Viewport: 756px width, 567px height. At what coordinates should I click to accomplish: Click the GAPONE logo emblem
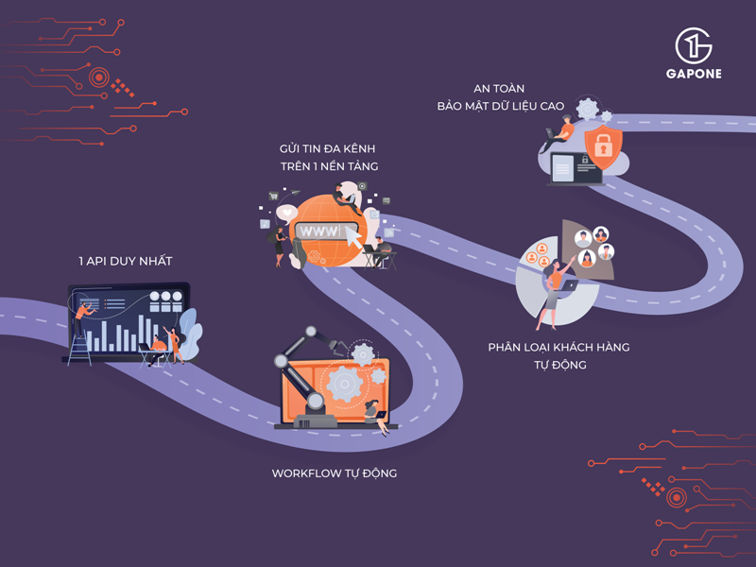point(693,45)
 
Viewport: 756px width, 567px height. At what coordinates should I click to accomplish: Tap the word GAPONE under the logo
point(693,74)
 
